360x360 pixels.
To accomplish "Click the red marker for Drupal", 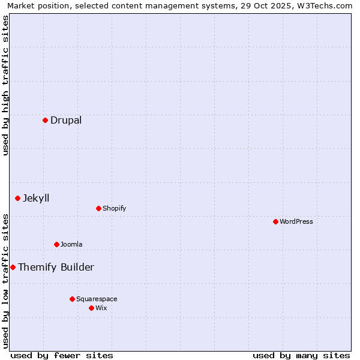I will point(45,120).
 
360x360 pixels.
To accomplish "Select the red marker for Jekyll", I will point(17,198).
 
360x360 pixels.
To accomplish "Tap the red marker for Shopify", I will point(98,208).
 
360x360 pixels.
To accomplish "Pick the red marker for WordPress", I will point(275,221).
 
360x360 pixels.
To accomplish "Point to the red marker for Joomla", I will point(56,244).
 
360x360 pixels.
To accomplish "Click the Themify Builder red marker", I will point(13,267).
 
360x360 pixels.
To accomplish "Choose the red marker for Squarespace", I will point(72,299).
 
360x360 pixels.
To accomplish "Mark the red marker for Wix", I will point(91,308).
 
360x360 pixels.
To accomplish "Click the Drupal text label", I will point(66,120).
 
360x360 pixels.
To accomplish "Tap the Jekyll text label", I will point(36,198).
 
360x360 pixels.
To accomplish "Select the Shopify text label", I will point(114,208).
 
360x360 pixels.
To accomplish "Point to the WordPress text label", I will point(296,221).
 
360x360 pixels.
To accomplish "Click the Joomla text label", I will point(71,244).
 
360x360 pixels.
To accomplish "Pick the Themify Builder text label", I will point(56,267).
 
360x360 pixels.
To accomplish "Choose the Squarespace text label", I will point(97,299).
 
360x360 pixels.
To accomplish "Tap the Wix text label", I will point(101,308).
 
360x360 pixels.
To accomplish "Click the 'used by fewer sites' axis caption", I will point(62,355).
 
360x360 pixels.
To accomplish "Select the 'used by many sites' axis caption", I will point(301,355).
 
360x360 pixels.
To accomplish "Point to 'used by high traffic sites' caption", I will point(5,85).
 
